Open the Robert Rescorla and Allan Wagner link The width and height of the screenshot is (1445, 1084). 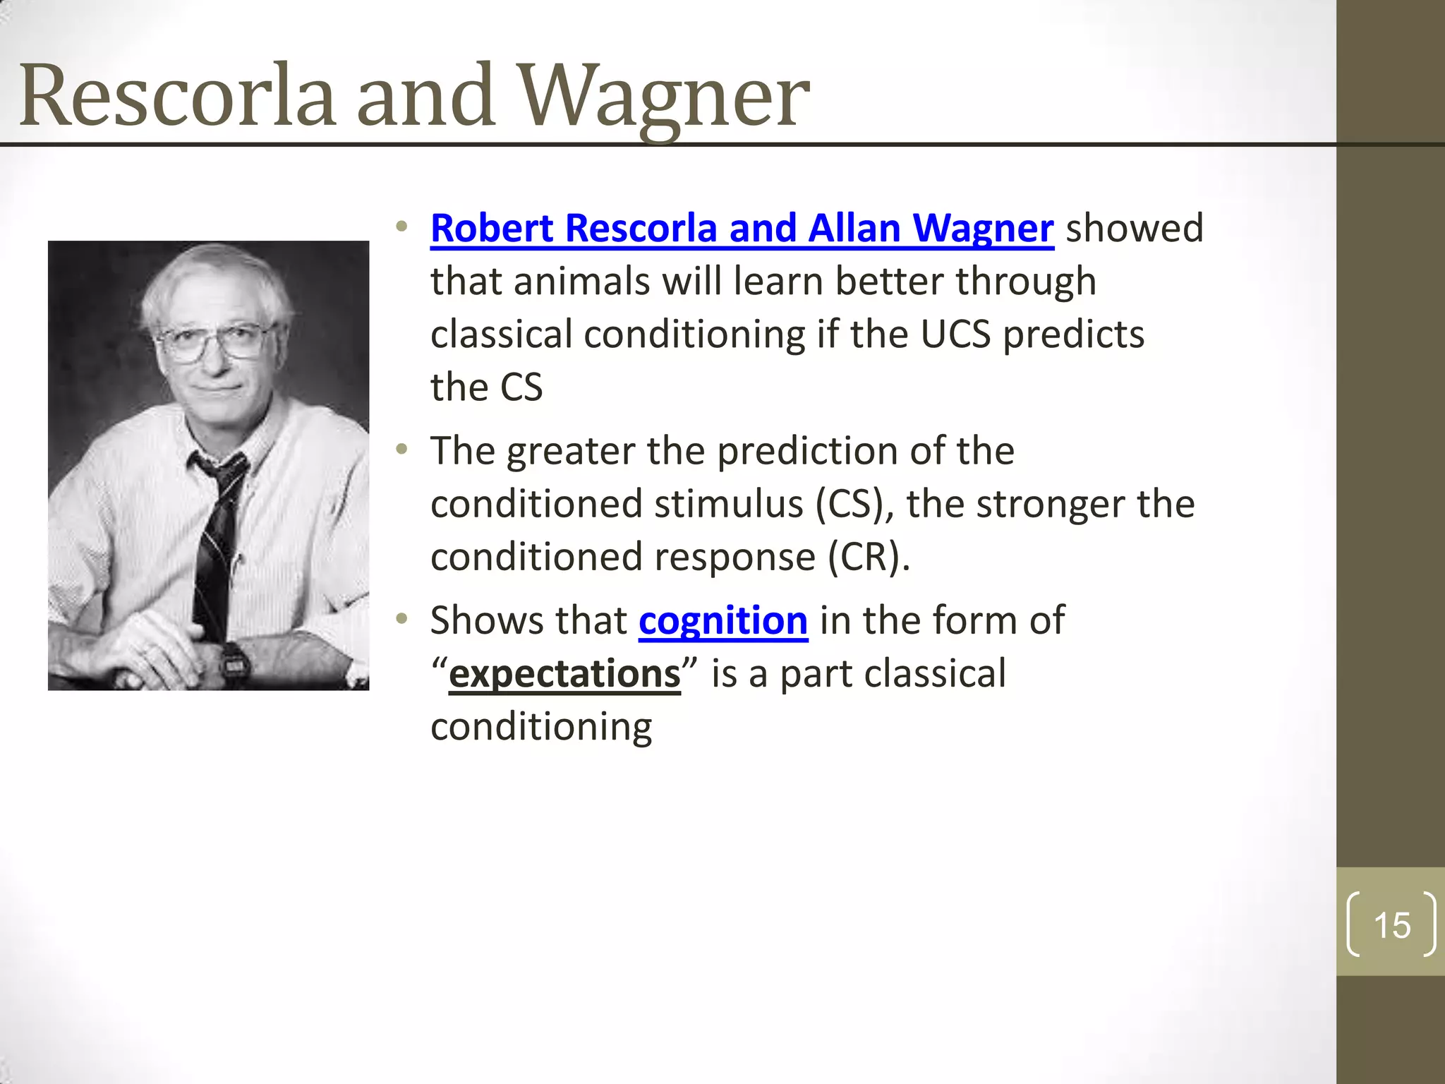tap(742, 229)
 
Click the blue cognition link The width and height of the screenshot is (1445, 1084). tap(722, 620)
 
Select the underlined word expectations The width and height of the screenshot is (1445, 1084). tap(564, 673)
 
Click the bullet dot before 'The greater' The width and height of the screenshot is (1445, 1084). tap(402, 450)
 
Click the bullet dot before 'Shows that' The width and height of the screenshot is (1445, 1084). tap(402, 619)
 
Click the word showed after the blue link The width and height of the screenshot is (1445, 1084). tap(1134, 229)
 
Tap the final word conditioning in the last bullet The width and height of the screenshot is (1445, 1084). tap(541, 727)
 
